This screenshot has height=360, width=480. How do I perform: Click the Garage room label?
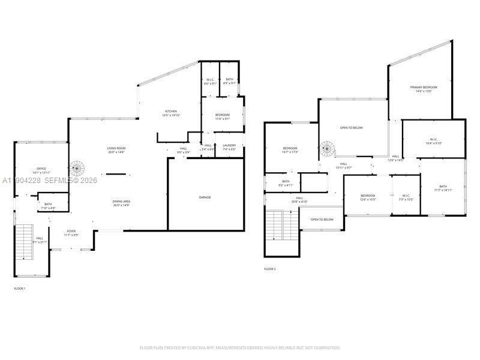click(x=205, y=197)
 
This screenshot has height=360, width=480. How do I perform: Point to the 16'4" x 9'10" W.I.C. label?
click(x=433, y=142)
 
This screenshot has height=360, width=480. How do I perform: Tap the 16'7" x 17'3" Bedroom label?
click(x=290, y=150)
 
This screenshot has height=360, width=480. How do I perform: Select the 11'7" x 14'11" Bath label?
click(x=443, y=188)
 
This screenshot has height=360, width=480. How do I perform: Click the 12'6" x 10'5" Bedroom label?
click(x=368, y=197)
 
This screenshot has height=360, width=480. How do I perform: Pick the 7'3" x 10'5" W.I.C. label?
click(x=406, y=197)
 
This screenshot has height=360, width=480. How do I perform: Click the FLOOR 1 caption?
click(x=20, y=289)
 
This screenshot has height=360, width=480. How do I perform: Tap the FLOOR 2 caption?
click(x=270, y=269)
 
